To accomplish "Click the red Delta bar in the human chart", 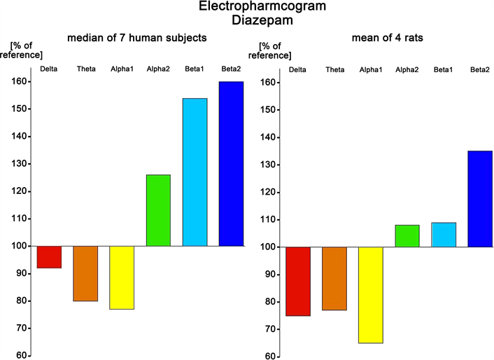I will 49,257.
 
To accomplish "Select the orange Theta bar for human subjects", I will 85,274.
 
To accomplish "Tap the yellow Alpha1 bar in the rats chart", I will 370,295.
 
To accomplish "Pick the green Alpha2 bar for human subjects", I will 158,210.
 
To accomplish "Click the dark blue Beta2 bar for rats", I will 480,199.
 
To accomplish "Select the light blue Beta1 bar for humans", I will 195,172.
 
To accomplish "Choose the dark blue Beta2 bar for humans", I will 231,164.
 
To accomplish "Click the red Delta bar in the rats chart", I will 297,281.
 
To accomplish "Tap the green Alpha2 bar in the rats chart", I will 407,236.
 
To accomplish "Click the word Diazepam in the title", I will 246,21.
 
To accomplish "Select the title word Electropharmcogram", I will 246,7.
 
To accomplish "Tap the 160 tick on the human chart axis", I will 18,82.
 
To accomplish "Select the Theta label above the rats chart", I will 334,69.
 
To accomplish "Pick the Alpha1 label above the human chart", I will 122,69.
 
